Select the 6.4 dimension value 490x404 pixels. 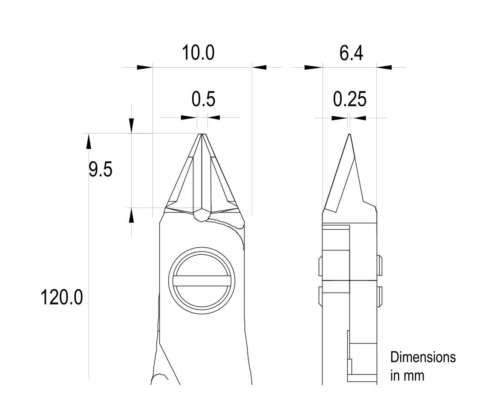pos(351,53)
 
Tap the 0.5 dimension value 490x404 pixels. pos(203,99)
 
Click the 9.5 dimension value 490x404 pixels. pos(100,170)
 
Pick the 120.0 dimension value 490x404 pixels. pos(62,297)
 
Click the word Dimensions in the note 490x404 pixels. pos(423,357)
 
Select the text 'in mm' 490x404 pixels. pos(407,376)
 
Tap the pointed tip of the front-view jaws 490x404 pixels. pos(202,134)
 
